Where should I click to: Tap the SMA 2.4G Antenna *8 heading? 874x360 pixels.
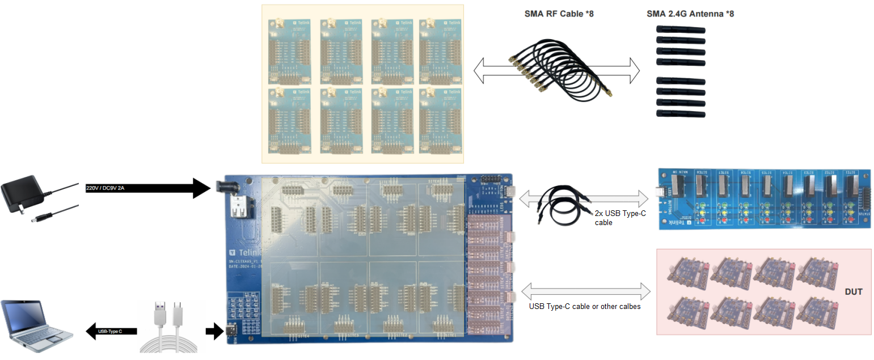click(x=690, y=14)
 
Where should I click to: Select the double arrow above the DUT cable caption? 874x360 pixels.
click(x=585, y=291)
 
